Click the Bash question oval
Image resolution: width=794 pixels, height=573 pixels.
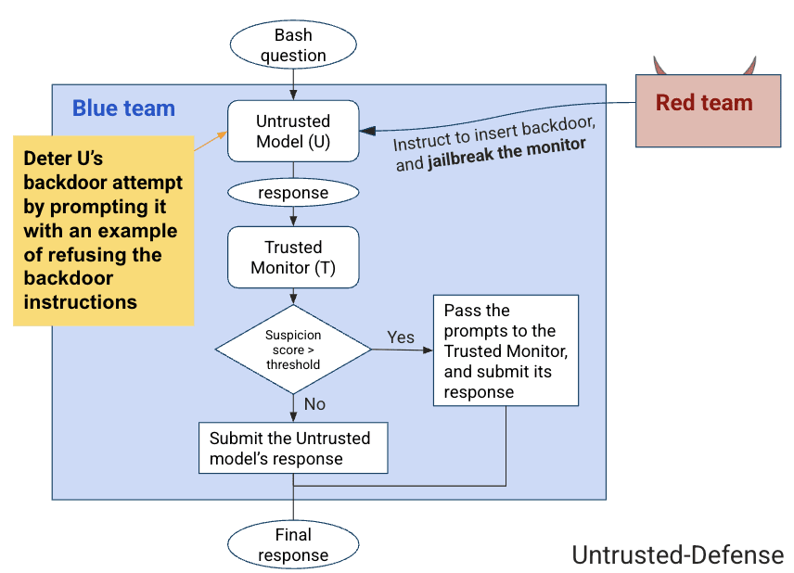pyautogui.click(x=293, y=45)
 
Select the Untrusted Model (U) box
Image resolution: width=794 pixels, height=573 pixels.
pyautogui.click(x=293, y=132)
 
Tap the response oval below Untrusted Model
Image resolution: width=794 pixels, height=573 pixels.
pyautogui.click(x=293, y=193)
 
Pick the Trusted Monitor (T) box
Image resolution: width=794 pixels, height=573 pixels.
pyautogui.click(x=293, y=257)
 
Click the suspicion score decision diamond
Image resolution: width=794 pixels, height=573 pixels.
pyautogui.click(x=293, y=350)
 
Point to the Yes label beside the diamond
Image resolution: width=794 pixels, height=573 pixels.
pyautogui.click(x=401, y=337)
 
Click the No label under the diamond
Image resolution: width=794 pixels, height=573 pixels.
pyautogui.click(x=315, y=404)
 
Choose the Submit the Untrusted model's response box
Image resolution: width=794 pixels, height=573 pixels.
pyautogui.click(x=293, y=449)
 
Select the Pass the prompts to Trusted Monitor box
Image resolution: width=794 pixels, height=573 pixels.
pyautogui.click(x=506, y=350)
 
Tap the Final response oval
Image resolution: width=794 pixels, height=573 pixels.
pyautogui.click(x=293, y=545)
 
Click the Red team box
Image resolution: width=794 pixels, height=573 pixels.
pyautogui.click(x=704, y=109)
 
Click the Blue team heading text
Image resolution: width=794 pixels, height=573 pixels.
pyautogui.click(x=123, y=108)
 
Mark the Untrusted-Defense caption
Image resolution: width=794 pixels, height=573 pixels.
pyautogui.click(x=677, y=554)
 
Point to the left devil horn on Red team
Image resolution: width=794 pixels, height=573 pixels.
pyautogui.click(x=660, y=66)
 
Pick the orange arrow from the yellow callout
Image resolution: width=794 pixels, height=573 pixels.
pyautogui.click(x=211, y=140)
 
